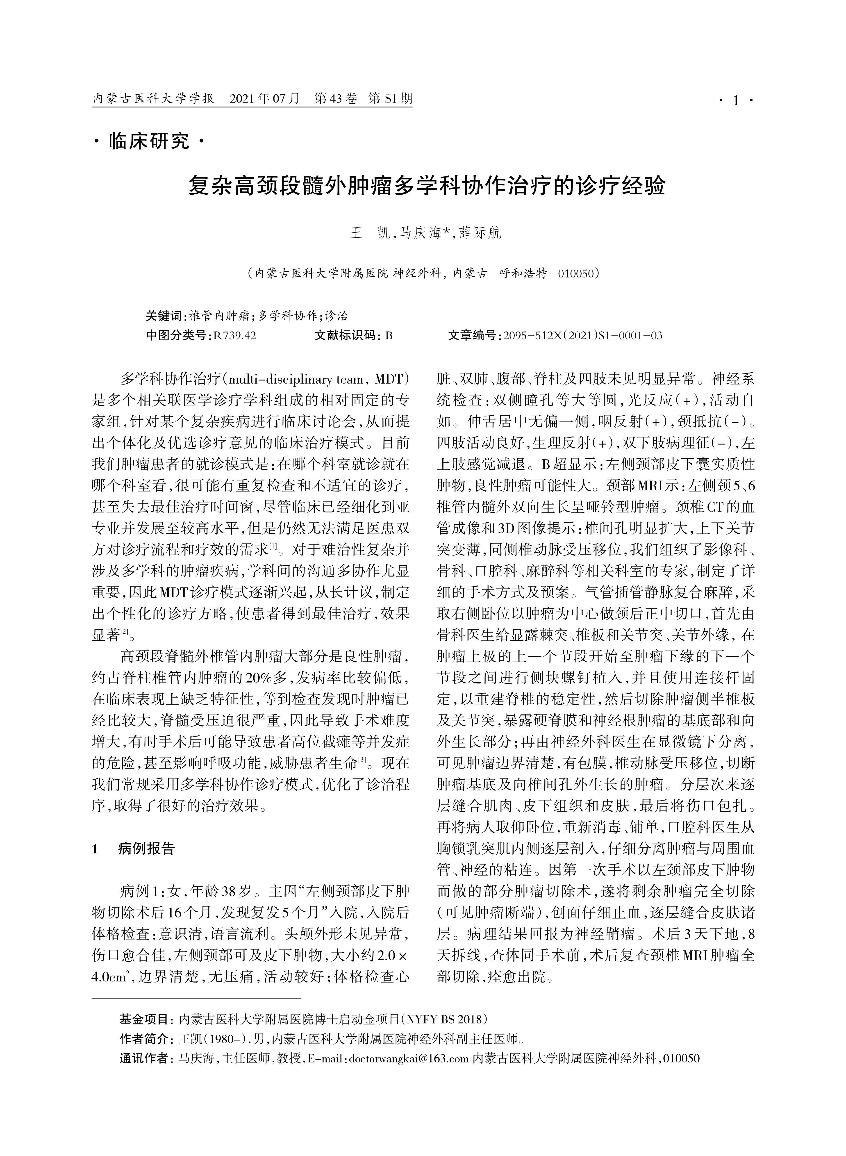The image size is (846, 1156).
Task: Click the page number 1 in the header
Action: pos(736,101)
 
